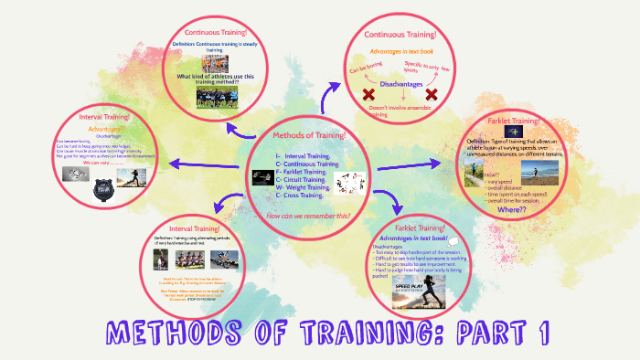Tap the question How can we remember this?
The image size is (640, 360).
308,216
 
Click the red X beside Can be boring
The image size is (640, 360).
370,95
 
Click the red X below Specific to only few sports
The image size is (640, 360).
432,94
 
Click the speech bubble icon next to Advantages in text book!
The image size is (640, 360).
454,240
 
